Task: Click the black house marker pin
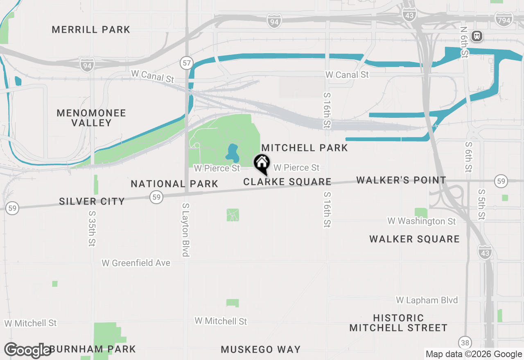(x=262, y=164)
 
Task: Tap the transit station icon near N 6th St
(x=477, y=36)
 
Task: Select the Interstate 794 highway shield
(x=504, y=19)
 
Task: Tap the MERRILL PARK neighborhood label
(x=91, y=30)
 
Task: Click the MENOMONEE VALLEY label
(x=91, y=118)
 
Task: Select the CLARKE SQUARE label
(x=287, y=182)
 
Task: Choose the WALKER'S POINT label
(x=401, y=180)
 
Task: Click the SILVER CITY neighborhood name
(x=92, y=201)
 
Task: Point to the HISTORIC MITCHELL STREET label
(x=398, y=323)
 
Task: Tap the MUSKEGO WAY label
(x=261, y=349)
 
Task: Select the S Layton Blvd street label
(x=186, y=230)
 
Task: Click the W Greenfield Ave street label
(x=136, y=263)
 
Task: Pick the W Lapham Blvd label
(x=427, y=300)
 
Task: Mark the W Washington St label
(x=421, y=221)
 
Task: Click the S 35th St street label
(x=91, y=229)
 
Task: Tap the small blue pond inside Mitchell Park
(x=232, y=153)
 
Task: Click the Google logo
(x=28, y=350)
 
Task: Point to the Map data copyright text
(x=474, y=354)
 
